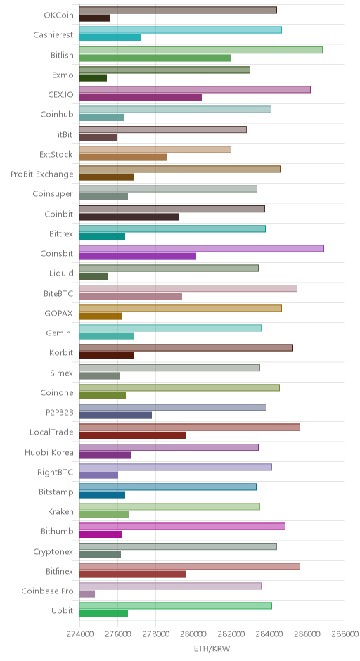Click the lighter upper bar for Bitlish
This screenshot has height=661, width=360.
click(201, 50)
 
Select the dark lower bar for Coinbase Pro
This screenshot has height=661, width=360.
click(87, 594)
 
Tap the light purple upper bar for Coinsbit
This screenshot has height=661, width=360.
click(202, 248)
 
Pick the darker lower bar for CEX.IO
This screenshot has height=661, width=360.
click(141, 97)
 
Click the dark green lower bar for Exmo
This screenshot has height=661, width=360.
click(93, 77)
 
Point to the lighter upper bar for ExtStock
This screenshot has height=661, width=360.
click(155, 149)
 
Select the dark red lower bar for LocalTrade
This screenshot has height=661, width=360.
click(132, 435)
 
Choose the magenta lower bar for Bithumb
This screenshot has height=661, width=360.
click(101, 534)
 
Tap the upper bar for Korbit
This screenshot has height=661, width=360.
click(186, 347)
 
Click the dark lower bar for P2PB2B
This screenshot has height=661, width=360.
click(115, 415)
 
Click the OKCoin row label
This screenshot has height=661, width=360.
click(58, 15)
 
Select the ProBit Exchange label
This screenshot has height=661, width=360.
click(42, 174)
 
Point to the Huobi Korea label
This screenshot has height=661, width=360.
click(49, 452)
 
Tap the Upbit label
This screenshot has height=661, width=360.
click(63, 611)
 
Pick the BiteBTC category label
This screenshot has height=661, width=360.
click(58, 293)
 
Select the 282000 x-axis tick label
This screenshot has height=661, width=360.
click(231, 634)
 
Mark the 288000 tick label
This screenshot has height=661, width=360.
click(345, 634)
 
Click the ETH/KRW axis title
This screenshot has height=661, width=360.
click(212, 648)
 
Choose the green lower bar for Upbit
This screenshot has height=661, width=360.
click(103, 614)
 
